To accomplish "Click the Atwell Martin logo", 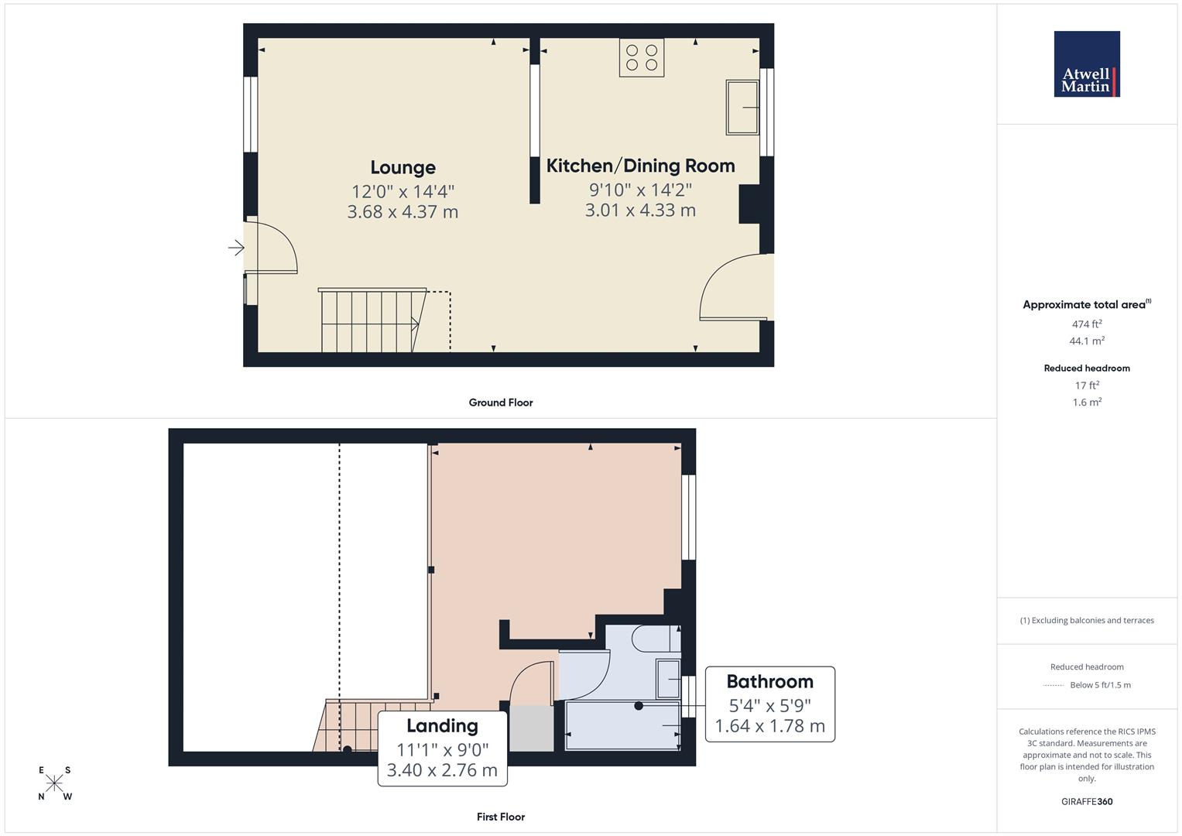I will (1087, 64).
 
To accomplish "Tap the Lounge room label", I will (403, 167).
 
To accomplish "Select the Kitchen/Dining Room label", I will (640, 166).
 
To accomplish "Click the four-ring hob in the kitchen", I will (642, 58).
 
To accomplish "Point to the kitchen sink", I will (742, 107).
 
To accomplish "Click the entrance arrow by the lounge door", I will (236, 248).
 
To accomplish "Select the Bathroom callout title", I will (769, 682).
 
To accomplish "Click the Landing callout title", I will (442, 726).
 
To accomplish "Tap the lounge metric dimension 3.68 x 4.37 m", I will (403, 211).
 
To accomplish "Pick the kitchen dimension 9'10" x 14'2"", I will (640, 190).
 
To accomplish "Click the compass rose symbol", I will (54, 783).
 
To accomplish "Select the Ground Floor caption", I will (501, 403).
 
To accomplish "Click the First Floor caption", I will (501, 817).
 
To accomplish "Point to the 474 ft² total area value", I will (1087, 324).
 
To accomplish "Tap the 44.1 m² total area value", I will (1087, 341).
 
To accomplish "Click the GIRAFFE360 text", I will (1087, 801).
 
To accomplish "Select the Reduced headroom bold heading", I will (1087, 368).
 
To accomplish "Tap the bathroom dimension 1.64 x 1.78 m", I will (769, 726).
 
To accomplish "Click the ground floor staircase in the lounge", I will (370, 320).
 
